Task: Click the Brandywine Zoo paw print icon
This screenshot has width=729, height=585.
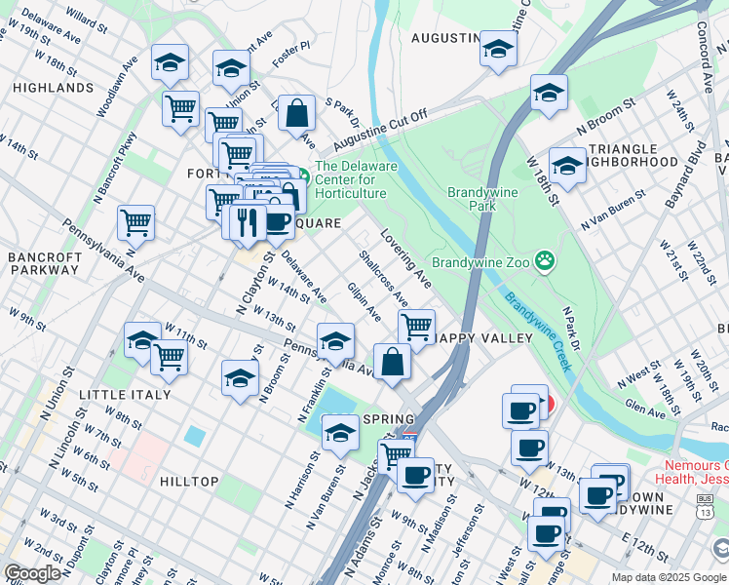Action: pos(545,262)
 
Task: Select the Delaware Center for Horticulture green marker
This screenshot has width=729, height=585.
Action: pos(302,175)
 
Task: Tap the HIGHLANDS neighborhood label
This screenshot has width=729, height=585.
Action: pos(54,88)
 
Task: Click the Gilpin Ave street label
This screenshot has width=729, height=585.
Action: pos(364,301)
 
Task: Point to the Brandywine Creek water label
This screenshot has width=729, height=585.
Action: pos(532,327)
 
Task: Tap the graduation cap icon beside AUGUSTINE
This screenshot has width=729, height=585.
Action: pos(498,50)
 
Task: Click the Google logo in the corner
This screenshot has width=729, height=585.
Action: pos(34,573)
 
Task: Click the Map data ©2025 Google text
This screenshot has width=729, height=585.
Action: pos(669,577)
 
